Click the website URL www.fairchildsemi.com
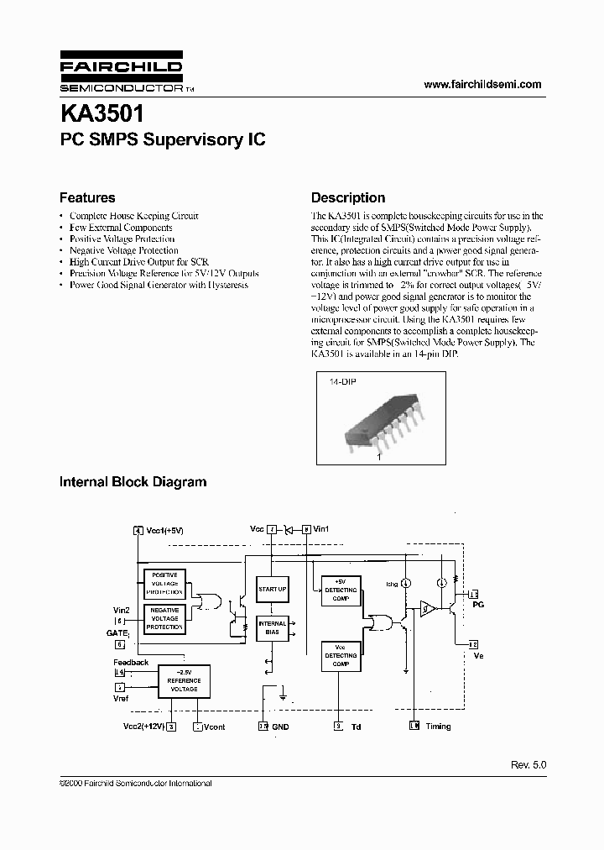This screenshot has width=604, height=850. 482,84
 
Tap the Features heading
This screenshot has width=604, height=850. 87,198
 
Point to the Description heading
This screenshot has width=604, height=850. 348,198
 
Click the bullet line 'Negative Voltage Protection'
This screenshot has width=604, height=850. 123,250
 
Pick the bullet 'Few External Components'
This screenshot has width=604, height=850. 121,228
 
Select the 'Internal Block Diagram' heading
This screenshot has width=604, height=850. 133,482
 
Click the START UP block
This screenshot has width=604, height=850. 272,589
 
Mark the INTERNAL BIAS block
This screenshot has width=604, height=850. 272,628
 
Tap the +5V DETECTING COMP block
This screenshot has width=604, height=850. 340,590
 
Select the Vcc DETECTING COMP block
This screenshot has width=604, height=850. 340,655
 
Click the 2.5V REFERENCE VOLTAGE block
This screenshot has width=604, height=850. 183,684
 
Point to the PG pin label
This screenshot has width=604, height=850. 478,604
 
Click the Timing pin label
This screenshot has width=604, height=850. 438,727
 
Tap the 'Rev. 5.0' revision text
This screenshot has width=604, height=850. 528,765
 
